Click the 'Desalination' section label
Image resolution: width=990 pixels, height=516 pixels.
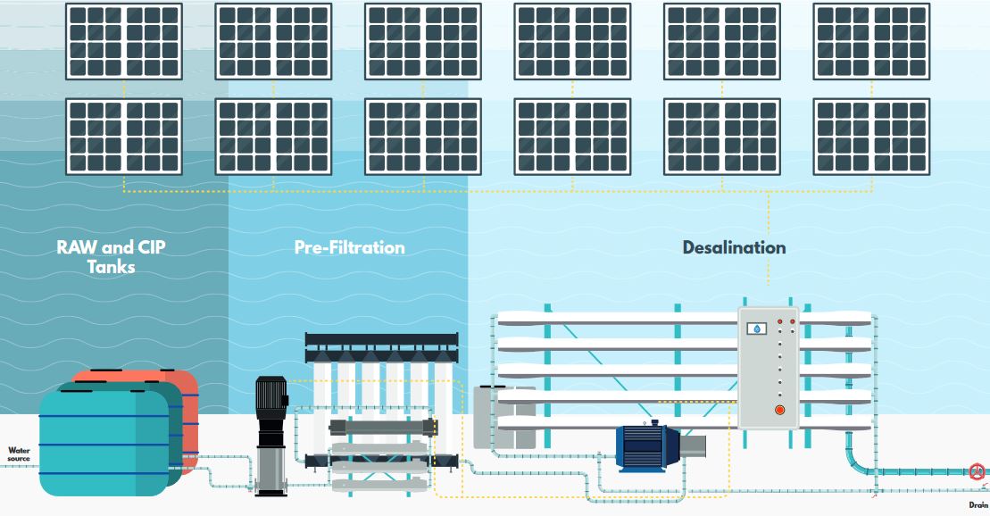click(x=734, y=247)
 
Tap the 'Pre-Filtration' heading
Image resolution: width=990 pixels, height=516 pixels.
click(x=349, y=247)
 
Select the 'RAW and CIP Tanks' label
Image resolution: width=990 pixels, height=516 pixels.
click(x=111, y=256)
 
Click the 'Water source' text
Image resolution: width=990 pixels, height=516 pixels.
click(x=19, y=454)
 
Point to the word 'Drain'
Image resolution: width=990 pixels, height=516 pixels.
click(x=978, y=504)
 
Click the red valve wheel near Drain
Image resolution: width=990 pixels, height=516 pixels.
click(x=978, y=471)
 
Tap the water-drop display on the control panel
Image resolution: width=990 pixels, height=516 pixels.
click(x=757, y=329)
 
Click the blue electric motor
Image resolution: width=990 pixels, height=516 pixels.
click(x=648, y=446)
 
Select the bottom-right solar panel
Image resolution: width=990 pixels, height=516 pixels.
click(x=870, y=136)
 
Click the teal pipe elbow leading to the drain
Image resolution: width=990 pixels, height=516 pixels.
click(x=857, y=462)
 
